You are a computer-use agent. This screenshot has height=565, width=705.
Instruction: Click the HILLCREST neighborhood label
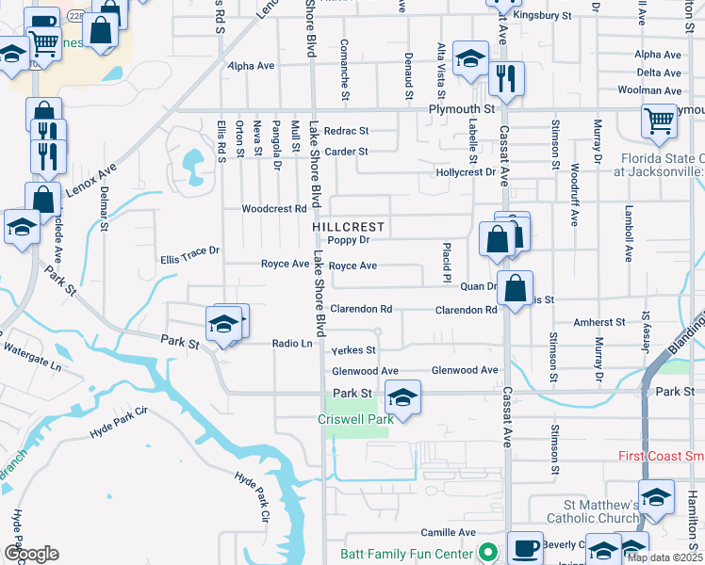(x=348, y=227)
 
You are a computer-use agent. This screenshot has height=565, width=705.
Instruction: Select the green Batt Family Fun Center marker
(x=486, y=552)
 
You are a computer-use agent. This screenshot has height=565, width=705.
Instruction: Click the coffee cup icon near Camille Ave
(x=525, y=546)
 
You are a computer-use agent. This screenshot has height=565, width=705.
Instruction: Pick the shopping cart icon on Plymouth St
(x=659, y=121)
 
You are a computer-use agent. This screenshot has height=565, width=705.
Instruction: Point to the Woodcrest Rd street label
(x=274, y=209)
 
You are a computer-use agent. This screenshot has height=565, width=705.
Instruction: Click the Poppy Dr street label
(x=347, y=241)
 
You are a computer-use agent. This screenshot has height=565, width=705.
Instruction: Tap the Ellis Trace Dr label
(x=189, y=253)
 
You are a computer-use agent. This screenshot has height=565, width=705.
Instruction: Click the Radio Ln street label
(x=291, y=344)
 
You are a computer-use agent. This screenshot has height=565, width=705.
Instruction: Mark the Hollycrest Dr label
(x=466, y=172)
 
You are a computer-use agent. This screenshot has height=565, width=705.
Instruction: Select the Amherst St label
(x=600, y=322)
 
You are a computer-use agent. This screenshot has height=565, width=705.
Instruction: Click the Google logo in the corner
(x=31, y=554)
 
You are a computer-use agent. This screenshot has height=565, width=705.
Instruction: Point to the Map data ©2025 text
(x=665, y=557)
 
